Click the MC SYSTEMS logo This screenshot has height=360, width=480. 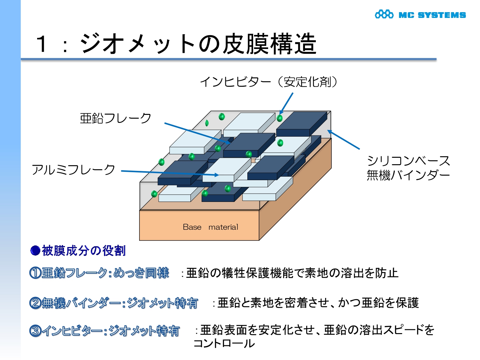pyautogui.click(x=420, y=15)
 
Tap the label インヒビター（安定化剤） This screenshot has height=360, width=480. pyautogui.click(x=269, y=82)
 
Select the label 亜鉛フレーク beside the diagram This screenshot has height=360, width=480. pyautogui.click(x=116, y=118)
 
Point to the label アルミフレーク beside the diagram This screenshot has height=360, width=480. pyautogui.click(x=73, y=170)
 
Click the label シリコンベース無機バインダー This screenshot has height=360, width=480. pyautogui.click(x=408, y=168)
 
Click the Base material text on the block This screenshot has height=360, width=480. pyautogui.click(x=210, y=227)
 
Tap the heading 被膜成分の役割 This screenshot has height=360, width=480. pyautogui.click(x=84, y=251)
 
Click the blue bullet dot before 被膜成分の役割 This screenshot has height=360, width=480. pyautogui.click(x=35, y=251)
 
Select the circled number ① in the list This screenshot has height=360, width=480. pyautogui.click(x=35, y=273)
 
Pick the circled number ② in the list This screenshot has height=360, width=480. pyautogui.click(x=35, y=303)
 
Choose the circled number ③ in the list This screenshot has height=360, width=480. pyautogui.click(x=35, y=331)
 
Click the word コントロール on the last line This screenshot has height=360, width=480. pyautogui.click(x=224, y=343)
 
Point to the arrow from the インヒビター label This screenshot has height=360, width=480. pyautogui.click(x=286, y=103)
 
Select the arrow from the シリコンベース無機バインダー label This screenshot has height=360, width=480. pyautogui.click(x=344, y=140)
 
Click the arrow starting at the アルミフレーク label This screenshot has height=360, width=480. pyautogui.click(x=170, y=173)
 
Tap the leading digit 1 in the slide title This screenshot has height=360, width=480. pyautogui.click(x=42, y=44)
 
